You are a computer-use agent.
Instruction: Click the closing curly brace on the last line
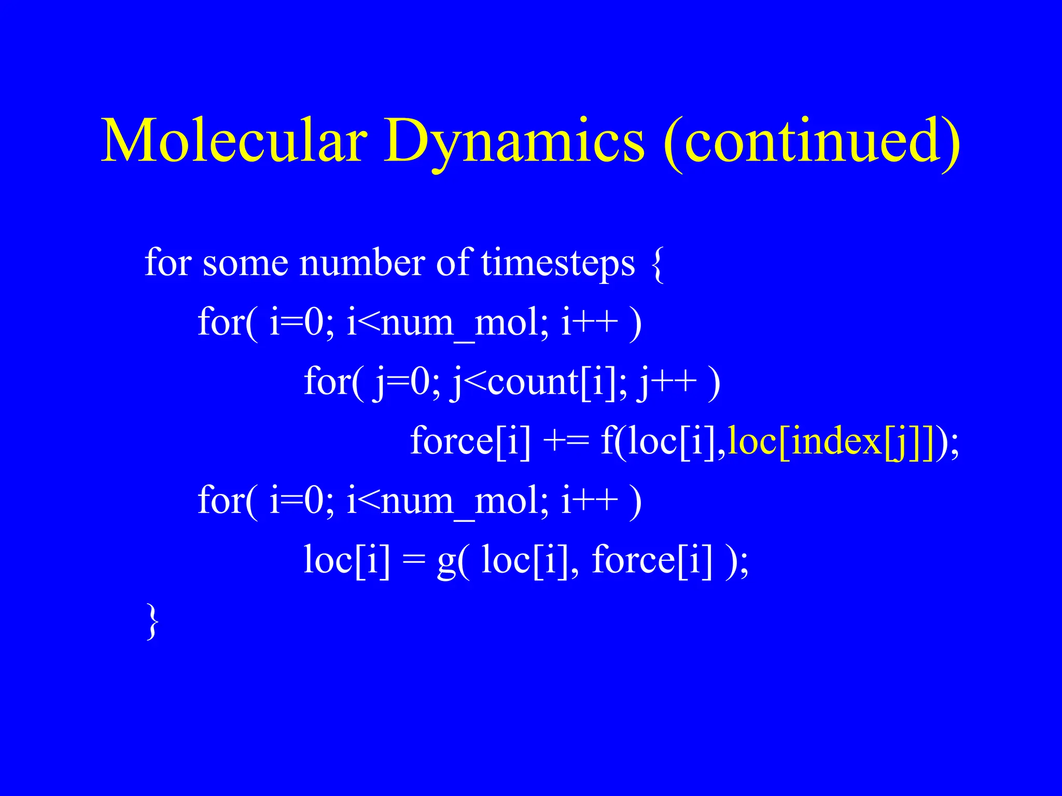[x=151, y=620]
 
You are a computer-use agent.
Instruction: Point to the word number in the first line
[x=362, y=263]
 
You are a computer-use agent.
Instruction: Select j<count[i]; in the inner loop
[x=540, y=383]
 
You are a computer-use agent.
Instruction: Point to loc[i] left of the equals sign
[x=346, y=560]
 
